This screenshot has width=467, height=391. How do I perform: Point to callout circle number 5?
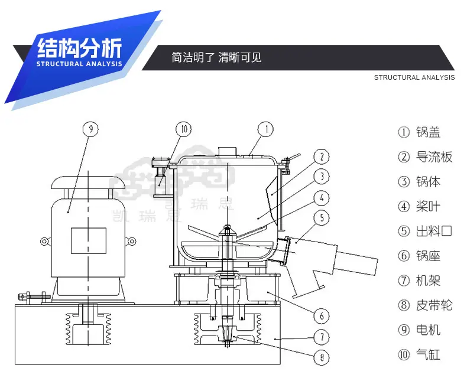[x=321, y=218]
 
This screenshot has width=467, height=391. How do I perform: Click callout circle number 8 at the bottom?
[x=321, y=357]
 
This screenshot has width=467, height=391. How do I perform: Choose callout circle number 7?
[x=321, y=338]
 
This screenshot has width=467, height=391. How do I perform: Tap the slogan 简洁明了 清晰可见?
[x=216, y=58]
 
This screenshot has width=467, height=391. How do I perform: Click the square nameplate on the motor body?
[x=88, y=240]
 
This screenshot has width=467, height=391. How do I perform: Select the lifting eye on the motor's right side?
[x=131, y=240]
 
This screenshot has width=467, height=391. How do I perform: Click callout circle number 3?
[x=321, y=177]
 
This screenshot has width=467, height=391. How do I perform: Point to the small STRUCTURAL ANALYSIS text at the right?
[x=414, y=77]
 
